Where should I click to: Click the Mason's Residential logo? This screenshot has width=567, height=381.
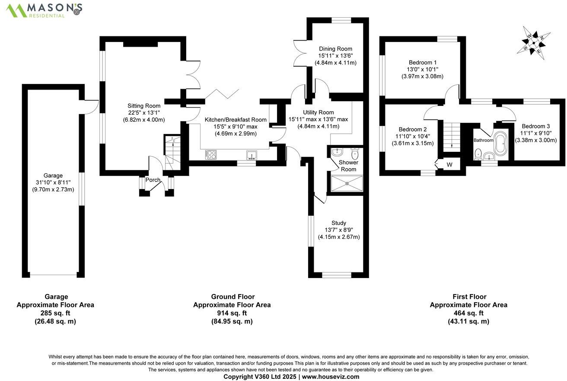tap(44, 10)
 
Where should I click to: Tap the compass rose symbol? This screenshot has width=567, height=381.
tap(534, 42)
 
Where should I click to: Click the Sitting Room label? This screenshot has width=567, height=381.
tap(143, 106)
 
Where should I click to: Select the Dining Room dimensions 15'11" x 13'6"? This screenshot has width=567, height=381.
tap(335, 56)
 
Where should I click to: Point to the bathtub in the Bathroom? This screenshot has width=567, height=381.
tap(501, 144)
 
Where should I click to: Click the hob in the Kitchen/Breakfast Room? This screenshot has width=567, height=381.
tap(210, 154)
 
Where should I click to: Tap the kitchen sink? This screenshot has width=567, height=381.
tap(251, 154)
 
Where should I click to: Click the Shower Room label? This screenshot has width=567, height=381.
tap(348, 166)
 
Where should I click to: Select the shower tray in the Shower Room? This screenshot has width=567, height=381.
tap(347, 183)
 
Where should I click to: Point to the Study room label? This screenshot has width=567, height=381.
tap(339, 223)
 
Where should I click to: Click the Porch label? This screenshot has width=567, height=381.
tap(153, 180)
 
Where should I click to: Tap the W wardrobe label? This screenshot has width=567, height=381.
tap(449, 165)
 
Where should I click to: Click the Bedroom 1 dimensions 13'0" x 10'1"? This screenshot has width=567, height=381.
tap(422, 69)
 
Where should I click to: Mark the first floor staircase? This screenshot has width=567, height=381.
tap(451, 134)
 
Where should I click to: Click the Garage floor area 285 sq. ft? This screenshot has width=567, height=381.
tap(55, 313)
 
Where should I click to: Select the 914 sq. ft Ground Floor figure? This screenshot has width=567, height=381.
tap(232, 313)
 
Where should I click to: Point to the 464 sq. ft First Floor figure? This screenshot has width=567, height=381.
tap(468, 313)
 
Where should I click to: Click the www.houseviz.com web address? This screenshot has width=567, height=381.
tap(331, 377)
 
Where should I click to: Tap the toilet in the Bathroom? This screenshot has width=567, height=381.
tap(478, 153)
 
